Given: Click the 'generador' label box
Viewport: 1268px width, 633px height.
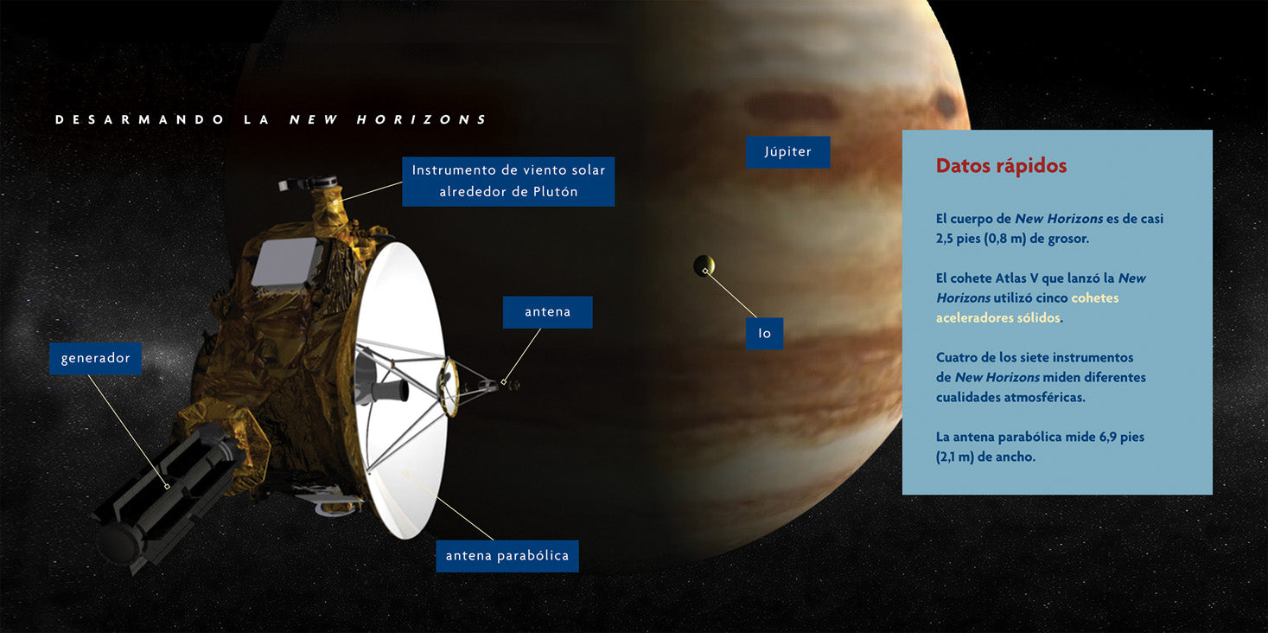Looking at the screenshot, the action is pos(95,358).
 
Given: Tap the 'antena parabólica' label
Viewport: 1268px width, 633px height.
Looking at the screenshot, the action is pos(507,556).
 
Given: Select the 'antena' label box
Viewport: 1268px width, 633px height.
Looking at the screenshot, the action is pos(547,312).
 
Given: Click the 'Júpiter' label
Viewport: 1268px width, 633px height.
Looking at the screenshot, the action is pos(787,151).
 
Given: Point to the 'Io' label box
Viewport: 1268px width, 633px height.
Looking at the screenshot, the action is pos(764,334).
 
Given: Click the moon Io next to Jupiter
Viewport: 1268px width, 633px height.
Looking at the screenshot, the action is pos(704,265).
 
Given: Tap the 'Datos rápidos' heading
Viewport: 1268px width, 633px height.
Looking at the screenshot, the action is pos(1001,166).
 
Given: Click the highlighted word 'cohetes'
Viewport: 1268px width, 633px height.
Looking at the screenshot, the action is pos(1095,298).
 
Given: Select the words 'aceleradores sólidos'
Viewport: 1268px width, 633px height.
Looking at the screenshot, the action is pos(997,317).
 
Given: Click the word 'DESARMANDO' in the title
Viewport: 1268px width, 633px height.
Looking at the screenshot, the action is pos(139,119).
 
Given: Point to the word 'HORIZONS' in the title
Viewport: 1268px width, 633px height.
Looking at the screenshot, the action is pos(421,119).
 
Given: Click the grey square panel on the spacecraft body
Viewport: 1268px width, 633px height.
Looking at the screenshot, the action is pos(284,261).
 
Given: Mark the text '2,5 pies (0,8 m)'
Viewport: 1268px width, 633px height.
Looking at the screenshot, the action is pos(980,239).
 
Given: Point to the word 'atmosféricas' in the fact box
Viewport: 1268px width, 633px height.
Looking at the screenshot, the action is pos(1046,398).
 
